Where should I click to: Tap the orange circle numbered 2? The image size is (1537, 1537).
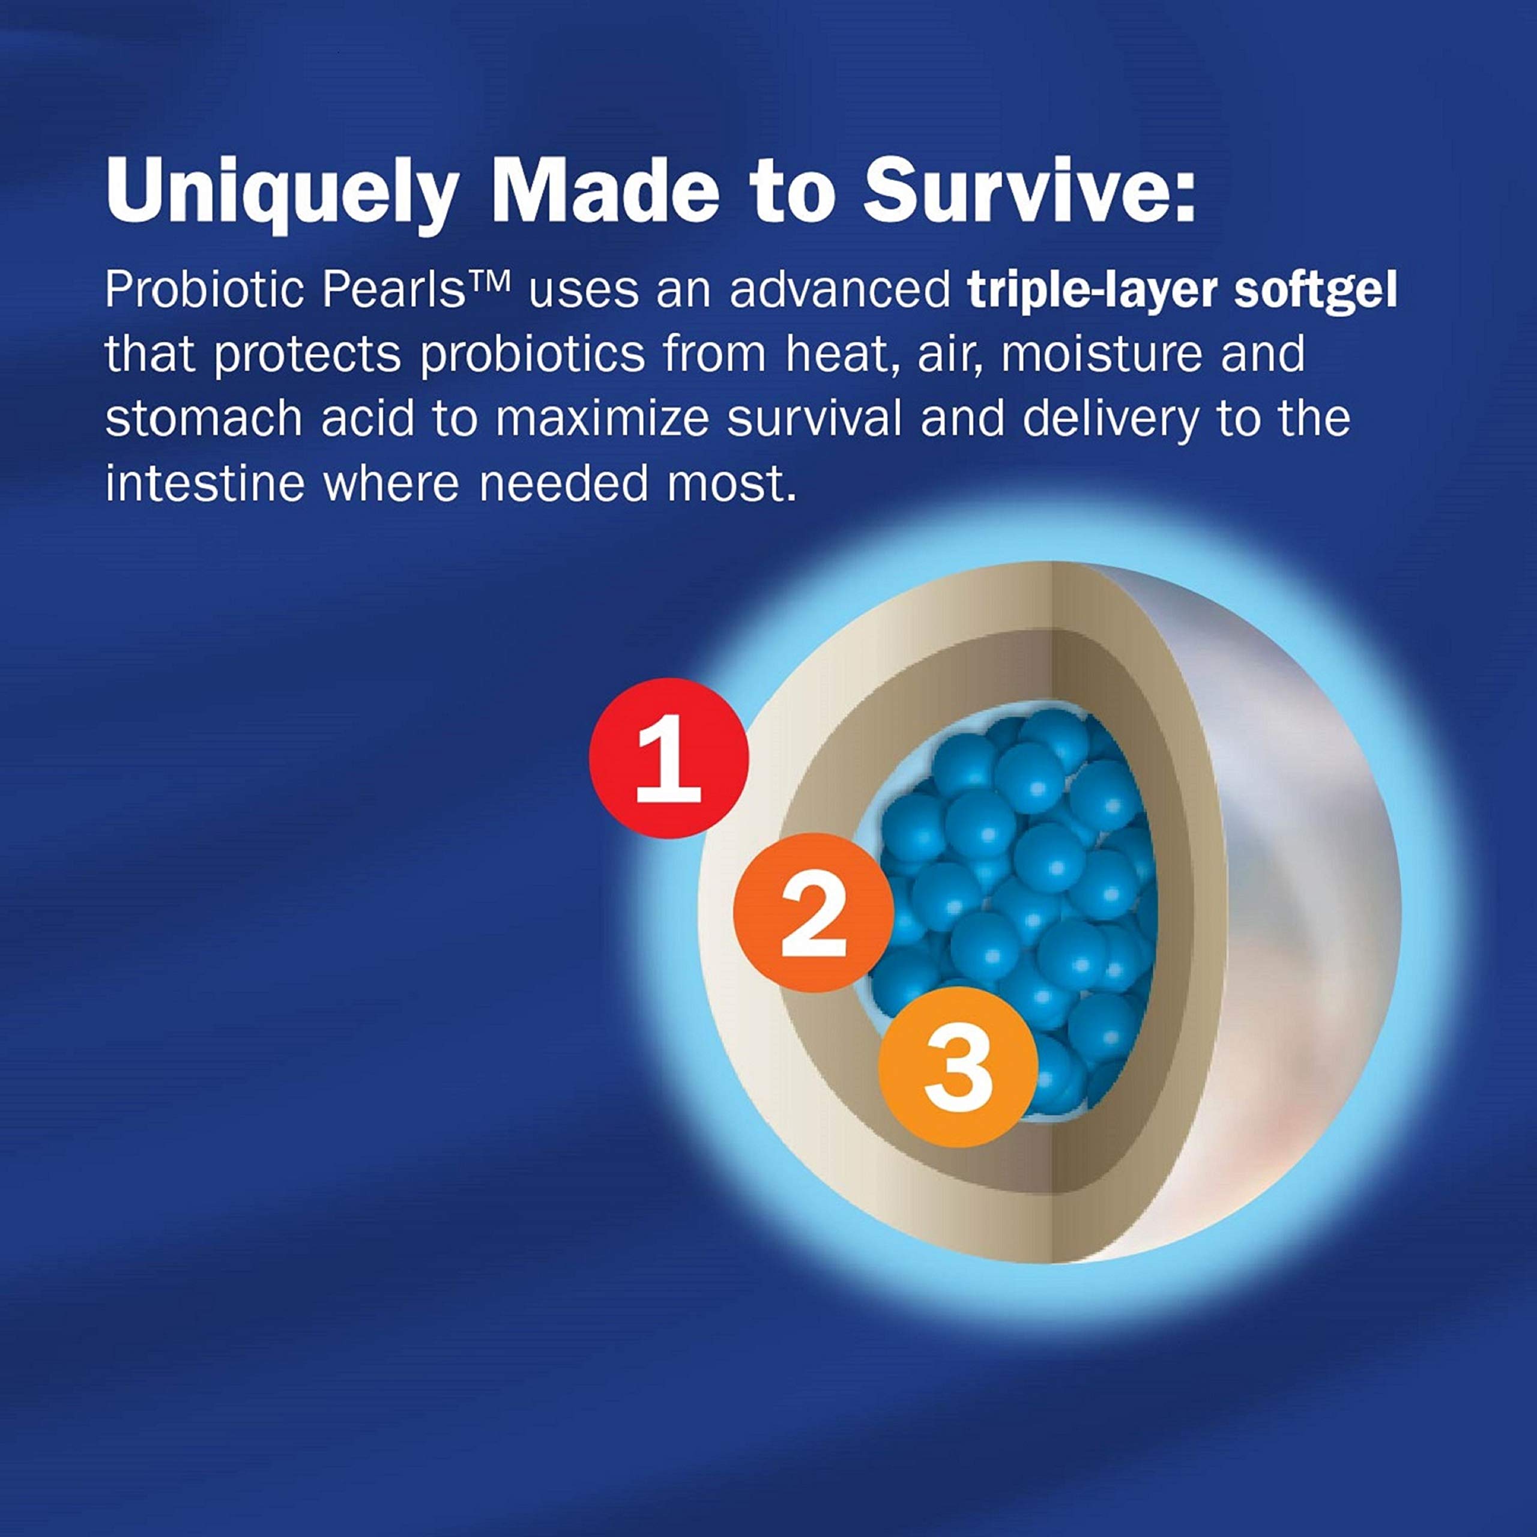click(812, 912)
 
